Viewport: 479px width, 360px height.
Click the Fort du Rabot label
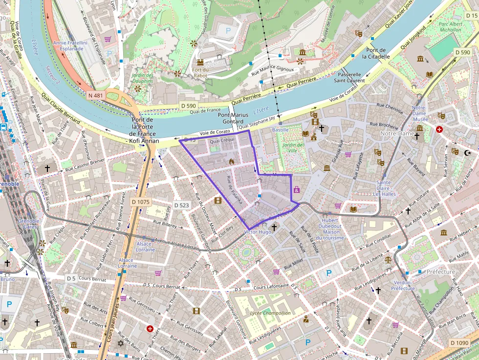click(200, 72)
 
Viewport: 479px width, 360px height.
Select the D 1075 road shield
click(141, 202)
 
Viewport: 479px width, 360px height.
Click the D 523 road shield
click(181, 205)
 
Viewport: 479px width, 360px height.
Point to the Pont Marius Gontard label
click(231, 118)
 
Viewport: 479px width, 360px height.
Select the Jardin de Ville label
click(293, 148)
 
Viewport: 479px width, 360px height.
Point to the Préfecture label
click(440, 272)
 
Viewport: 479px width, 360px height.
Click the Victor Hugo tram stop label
click(257, 232)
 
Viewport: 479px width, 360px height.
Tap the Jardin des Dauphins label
click(142, 78)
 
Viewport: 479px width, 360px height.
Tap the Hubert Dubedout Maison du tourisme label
click(330, 229)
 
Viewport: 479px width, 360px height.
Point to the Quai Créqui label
click(222, 141)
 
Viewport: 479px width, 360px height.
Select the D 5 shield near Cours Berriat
click(71, 278)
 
